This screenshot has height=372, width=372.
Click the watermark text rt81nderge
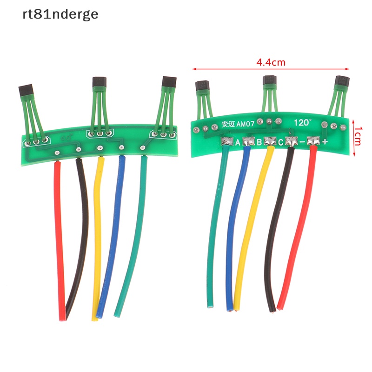click(x=60, y=14)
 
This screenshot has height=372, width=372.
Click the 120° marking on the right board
click(x=303, y=123)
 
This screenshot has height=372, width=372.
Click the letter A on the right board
click(x=238, y=142)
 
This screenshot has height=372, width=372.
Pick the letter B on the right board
click(x=259, y=142)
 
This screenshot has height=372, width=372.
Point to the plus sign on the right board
click(x=325, y=142)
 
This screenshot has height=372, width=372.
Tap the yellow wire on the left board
click(x=97, y=232)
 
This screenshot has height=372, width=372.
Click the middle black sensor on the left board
click(x=98, y=83)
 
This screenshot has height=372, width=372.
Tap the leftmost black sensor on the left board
click(x=26, y=90)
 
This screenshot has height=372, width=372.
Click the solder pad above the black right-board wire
click(x=291, y=141)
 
